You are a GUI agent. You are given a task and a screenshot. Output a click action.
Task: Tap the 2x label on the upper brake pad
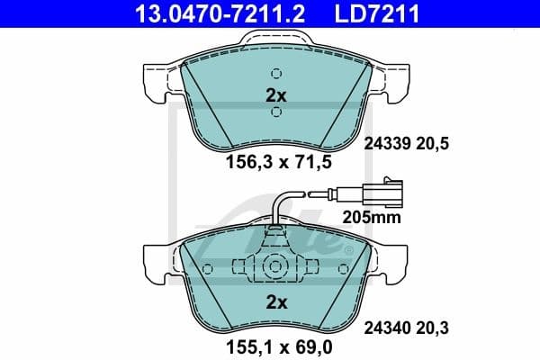point(275,94)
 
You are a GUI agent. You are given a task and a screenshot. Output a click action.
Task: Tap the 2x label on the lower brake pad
point(275,301)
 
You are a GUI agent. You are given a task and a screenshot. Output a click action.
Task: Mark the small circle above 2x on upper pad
point(276,74)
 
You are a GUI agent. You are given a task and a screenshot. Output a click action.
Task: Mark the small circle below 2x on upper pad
point(276,112)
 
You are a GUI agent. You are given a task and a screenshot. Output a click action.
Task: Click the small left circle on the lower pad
point(208,268)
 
